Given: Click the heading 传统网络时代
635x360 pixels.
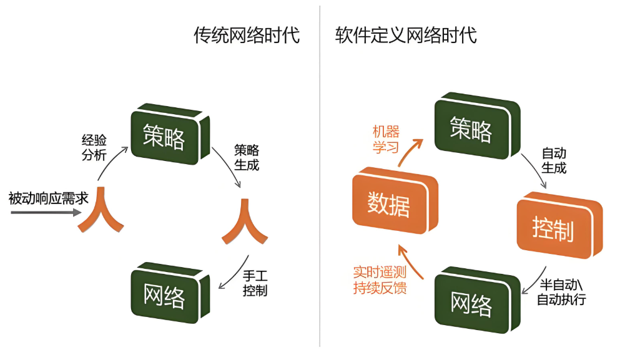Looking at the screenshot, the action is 246,36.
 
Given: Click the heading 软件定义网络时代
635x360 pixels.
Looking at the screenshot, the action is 406,36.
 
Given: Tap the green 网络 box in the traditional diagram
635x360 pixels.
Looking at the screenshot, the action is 165,294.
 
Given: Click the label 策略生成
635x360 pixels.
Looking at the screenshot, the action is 247,158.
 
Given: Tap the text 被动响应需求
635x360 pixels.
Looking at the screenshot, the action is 48,199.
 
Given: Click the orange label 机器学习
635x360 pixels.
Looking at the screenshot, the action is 386,139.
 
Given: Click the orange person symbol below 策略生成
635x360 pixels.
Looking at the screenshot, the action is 245,221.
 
